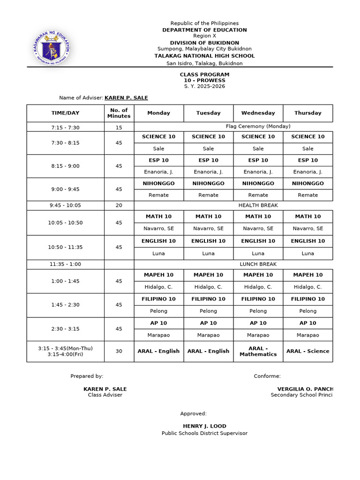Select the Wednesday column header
coord(258,113)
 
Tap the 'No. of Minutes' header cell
coord(119,113)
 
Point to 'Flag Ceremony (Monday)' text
coord(258,127)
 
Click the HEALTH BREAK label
coord(258,205)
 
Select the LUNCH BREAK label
coord(258,264)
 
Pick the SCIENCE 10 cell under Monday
coord(158,137)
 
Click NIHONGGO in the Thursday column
coord(307,184)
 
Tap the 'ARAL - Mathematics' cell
coord(258,352)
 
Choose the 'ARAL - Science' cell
coord(307,351)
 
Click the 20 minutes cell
coord(119,205)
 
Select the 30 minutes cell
coord(119,351)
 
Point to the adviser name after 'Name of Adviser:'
coord(126,98)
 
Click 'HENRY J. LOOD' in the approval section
coord(204,426)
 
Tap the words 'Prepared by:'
coord(87,376)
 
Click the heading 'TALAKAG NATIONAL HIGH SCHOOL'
coord(204,56)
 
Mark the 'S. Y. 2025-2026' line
coord(204,86)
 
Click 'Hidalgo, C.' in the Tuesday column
coord(208,287)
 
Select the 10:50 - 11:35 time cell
coord(65,247)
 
